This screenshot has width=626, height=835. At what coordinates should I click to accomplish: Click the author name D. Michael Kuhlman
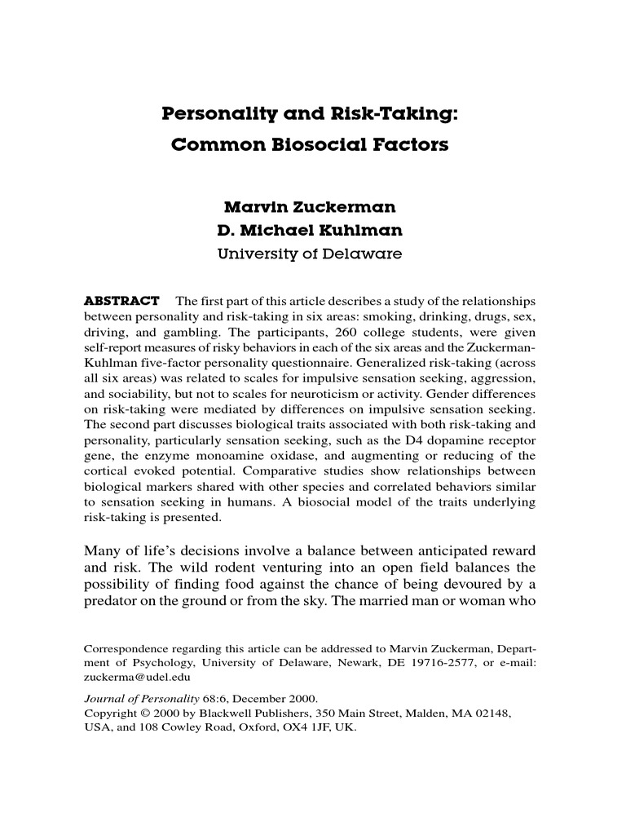click(x=310, y=231)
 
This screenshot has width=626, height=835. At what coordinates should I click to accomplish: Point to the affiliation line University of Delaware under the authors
click(x=310, y=254)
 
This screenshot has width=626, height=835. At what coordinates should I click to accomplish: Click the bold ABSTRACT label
click(x=122, y=302)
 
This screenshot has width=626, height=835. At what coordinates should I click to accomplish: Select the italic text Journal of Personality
click(x=143, y=699)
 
